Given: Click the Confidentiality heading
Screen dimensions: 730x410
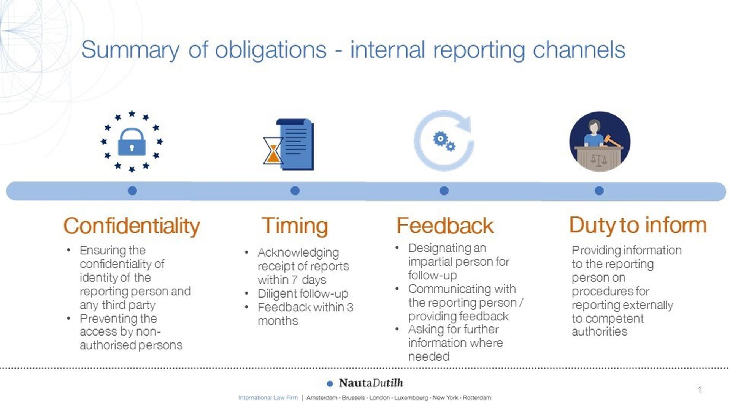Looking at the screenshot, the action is pos(132,226).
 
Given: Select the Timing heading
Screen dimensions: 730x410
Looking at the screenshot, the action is pos(295,226).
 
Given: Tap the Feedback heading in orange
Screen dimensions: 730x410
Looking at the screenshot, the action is pos(445,226).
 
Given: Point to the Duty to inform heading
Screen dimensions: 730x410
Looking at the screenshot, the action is pos(638,225).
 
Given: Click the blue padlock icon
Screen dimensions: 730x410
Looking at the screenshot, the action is pos(132,142).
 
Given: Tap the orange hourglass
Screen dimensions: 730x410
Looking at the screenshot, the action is pos(273,151).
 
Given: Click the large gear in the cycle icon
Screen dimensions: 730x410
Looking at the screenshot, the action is pos(440,139).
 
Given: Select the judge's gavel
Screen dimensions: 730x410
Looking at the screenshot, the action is pos(612,140).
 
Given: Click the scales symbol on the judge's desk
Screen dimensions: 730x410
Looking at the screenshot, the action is pos(599,159).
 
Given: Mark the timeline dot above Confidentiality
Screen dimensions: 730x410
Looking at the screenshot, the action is pos(132,191).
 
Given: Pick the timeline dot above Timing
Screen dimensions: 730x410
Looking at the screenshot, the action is pos(295,191).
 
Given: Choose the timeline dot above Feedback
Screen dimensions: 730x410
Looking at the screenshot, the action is pos(444,191).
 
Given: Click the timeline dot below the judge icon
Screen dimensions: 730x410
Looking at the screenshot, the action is pos(599,191).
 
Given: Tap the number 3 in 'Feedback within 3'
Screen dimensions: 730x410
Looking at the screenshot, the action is pos(350,307).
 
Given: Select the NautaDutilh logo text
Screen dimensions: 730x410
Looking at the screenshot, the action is pos(371,383).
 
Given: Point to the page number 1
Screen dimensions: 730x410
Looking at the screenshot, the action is pos(700,390).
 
